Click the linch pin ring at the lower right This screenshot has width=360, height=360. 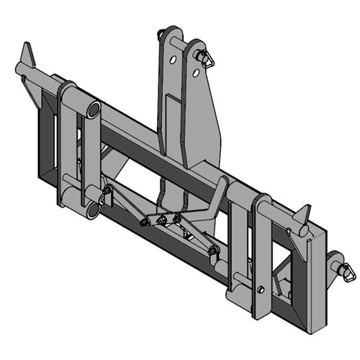[x=347, y=272]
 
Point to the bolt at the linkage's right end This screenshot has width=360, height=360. [x=213, y=250]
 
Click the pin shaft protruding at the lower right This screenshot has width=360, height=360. [x=334, y=260]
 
